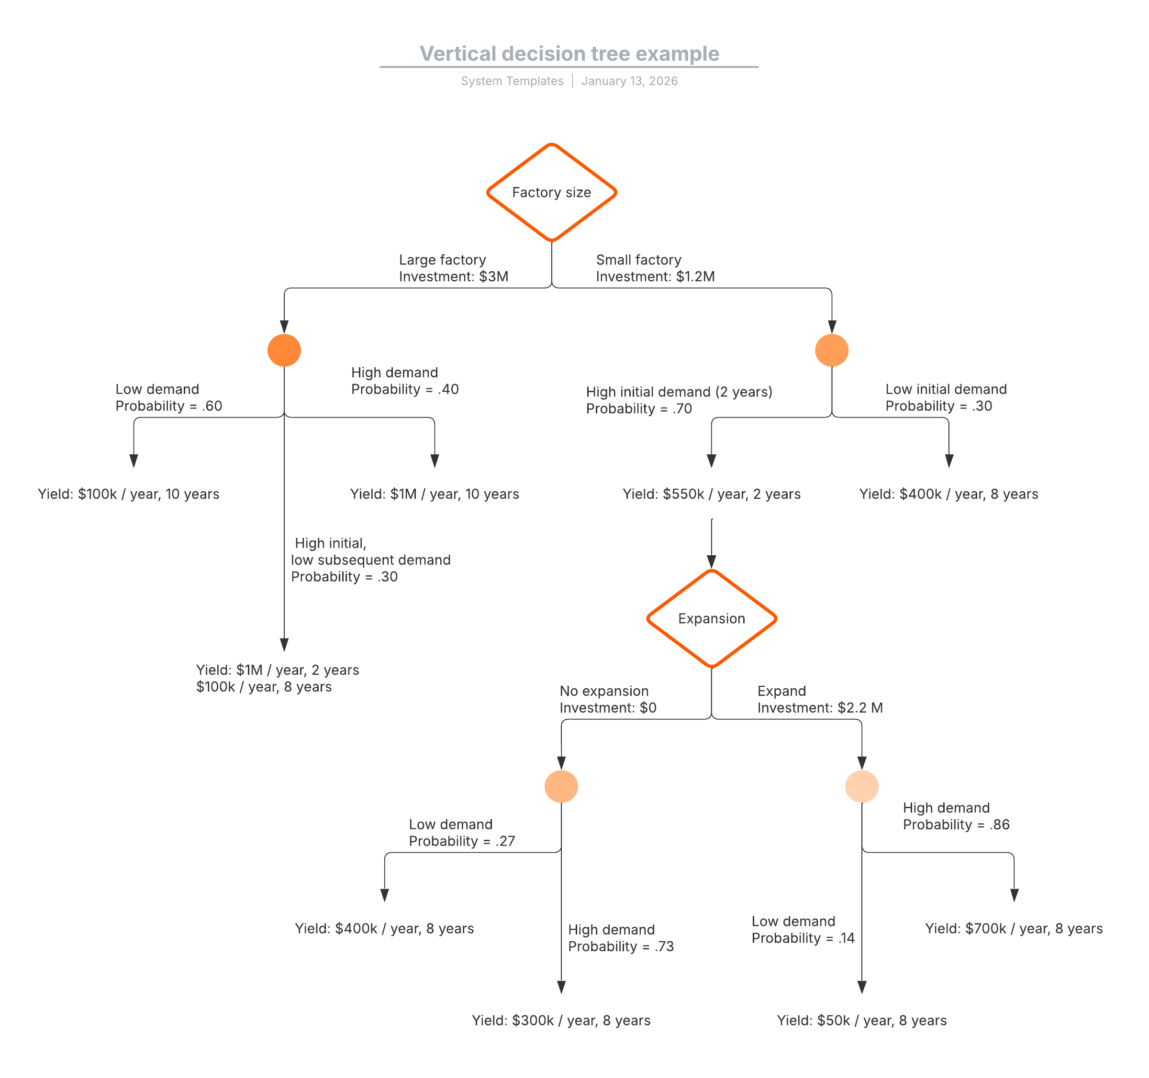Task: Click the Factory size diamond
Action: (551, 192)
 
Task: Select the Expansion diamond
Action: (712, 619)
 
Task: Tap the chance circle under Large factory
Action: (284, 350)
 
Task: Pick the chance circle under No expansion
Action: (561, 786)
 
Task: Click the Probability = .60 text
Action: (169, 406)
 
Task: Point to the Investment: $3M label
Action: (454, 277)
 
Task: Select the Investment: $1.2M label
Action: (656, 277)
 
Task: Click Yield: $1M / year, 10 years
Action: (435, 494)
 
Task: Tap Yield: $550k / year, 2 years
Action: (712, 494)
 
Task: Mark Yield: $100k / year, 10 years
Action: (129, 494)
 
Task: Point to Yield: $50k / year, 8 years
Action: (861, 1020)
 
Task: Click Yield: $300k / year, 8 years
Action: (561, 1020)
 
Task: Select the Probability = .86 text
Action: (956, 825)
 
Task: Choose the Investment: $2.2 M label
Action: (820, 708)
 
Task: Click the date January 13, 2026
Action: (629, 81)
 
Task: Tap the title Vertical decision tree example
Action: (569, 54)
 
